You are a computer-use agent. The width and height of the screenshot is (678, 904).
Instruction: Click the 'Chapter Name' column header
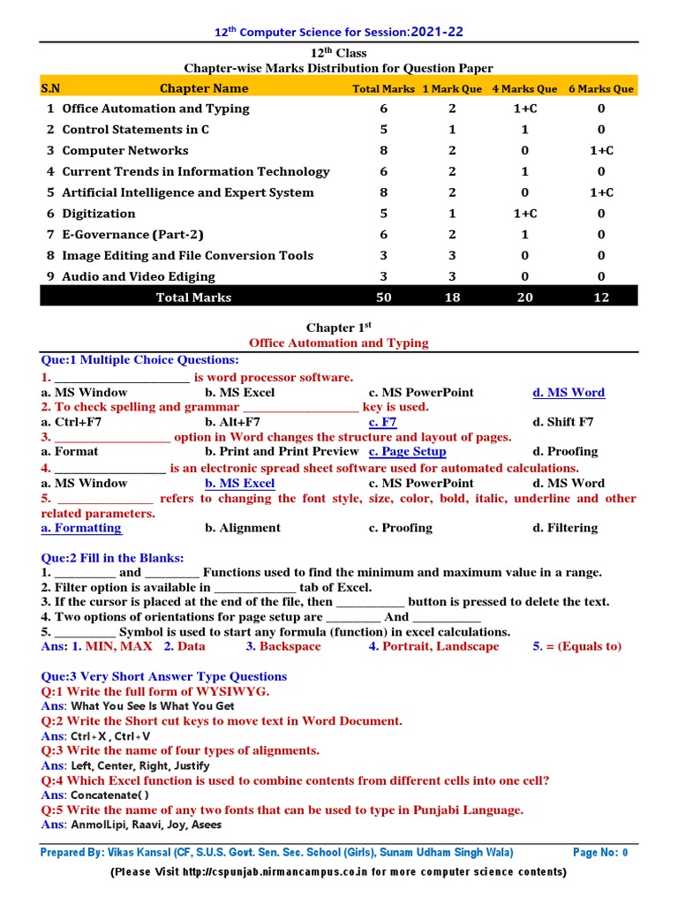204,88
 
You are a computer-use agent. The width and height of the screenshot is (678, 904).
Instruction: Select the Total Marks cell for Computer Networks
384,151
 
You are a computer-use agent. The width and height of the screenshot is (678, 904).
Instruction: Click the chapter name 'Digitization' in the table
99,214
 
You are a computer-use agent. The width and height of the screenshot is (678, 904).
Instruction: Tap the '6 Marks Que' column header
601,88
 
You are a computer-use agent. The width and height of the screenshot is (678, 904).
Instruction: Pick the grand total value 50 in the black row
384,298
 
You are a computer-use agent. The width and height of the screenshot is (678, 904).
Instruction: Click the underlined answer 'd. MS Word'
569,392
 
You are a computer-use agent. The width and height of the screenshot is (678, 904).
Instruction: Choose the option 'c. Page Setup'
407,451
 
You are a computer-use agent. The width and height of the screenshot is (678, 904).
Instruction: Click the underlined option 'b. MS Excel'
239,483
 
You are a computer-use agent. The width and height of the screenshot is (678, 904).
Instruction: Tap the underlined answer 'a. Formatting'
81,528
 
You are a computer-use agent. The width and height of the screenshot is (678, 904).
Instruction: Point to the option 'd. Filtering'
565,528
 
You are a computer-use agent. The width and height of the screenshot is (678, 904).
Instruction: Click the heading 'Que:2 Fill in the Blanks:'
113,558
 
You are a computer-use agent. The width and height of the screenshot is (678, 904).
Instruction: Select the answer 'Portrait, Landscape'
441,646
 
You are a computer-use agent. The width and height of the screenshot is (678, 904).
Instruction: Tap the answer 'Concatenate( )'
110,795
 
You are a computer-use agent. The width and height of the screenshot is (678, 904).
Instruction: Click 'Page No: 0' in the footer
600,853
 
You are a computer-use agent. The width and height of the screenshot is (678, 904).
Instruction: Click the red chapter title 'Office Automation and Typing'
339,343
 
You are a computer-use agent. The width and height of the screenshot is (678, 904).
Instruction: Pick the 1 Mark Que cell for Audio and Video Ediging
452,276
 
